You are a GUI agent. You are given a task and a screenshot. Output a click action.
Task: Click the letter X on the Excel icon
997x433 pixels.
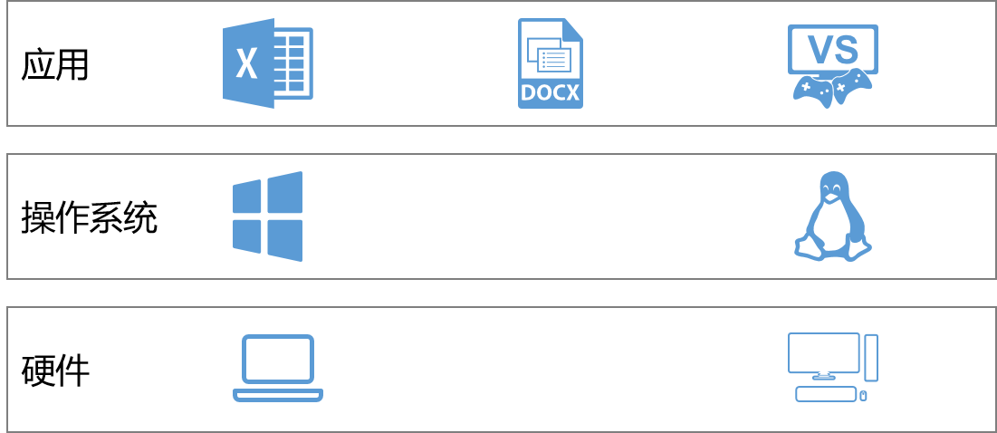tap(245, 64)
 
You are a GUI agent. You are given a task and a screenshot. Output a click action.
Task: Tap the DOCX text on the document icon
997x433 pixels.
tap(551, 92)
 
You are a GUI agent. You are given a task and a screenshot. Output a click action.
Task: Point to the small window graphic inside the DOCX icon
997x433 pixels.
tap(552, 59)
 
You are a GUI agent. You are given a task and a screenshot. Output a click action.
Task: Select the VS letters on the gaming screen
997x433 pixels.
tap(832, 49)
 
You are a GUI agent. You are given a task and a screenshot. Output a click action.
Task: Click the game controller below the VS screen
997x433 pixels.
tap(832, 88)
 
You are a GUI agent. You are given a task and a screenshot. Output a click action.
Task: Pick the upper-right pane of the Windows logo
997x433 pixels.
tap(285, 193)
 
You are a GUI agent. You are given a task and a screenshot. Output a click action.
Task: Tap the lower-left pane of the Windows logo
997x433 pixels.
tap(247, 235)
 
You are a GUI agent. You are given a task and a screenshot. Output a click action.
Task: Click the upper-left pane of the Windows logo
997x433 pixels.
tap(247, 197)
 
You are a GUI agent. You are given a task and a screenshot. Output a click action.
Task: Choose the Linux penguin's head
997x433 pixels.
tap(832, 185)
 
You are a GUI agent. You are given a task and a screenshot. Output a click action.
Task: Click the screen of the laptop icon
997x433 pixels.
tap(278, 360)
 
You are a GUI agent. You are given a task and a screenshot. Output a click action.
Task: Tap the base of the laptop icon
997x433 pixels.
tap(278, 395)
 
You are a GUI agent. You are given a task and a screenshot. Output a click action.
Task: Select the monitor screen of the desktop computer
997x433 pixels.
tap(823, 351)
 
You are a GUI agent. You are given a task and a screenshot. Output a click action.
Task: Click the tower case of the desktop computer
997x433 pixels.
tap(871, 357)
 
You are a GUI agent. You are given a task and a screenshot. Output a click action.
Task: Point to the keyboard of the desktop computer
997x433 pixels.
tap(826, 394)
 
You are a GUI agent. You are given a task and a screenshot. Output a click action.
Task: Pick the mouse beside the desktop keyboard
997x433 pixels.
tap(864, 396)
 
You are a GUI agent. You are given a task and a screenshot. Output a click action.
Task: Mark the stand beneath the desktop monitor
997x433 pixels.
tap(823, 376)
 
